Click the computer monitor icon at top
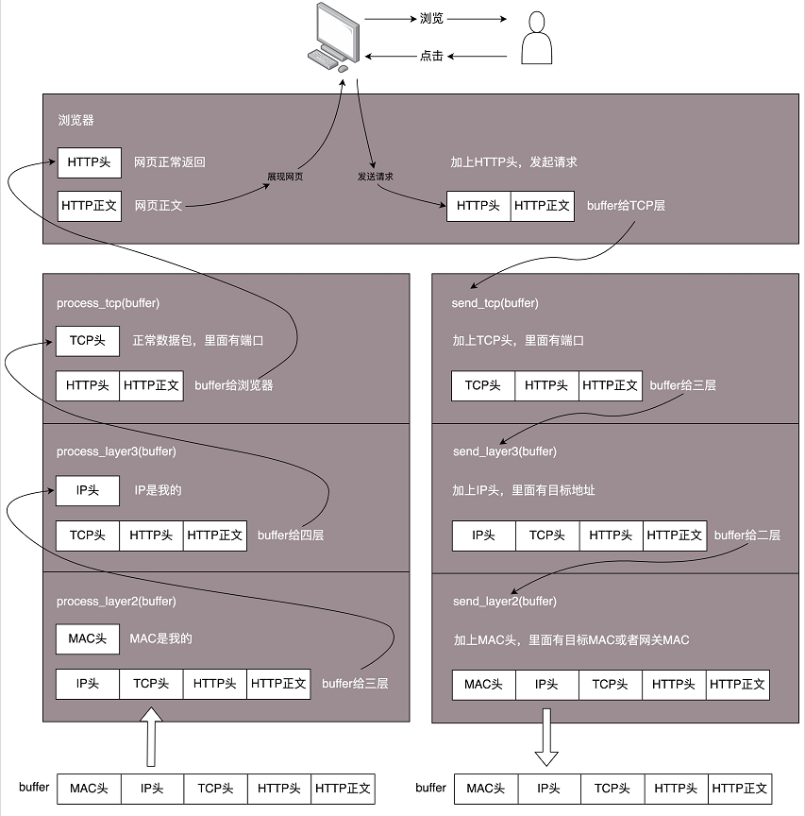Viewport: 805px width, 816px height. pyautogui.click(x=334, y=37)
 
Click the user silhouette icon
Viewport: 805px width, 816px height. pyautogui.click(x=537, y=38)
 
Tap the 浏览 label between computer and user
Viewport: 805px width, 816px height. pyautogui.click(x=431, y=19)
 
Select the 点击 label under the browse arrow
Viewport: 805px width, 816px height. pyautogui.click(x=431, y=56)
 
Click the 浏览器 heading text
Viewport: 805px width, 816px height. pyautogui.click(x=75, y=120)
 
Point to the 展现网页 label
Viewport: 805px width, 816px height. pyautogui.click(x=285, y=177)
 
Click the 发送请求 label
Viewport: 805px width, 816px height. pyautogui.click(x=376, y=177)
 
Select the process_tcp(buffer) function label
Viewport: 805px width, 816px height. pyautogui.click(x=109, y=303)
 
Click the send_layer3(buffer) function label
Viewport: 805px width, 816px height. pyautogui.click(x=505, y=451)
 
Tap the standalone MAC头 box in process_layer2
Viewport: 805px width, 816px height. pyautogui.click(x=88, y=638)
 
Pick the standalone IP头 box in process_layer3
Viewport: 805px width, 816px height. pyautogui.click(x=88, y=490)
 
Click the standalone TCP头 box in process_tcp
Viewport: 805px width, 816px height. pyautogui.click(x=88, y=341)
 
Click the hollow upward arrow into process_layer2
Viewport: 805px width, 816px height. pyautogui.click(x=151, y=737)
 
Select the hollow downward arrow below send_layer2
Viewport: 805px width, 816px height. pyautogui.click(x=546, y=737)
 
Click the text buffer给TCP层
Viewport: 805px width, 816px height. pyautogui.click(x=626, y=206)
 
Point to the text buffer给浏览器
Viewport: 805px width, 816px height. pyautogui.click(x=233, y=385)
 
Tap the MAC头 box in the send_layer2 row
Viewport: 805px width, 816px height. pyautogui.click(x=483, y=685)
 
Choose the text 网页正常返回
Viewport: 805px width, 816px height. pyautogui.click(x=170, y=162)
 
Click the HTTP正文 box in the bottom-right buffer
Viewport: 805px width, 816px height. pyautogui.click(x=740, y=789)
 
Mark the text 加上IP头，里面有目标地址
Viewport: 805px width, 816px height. pyautogui.click(x=524, y=490)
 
